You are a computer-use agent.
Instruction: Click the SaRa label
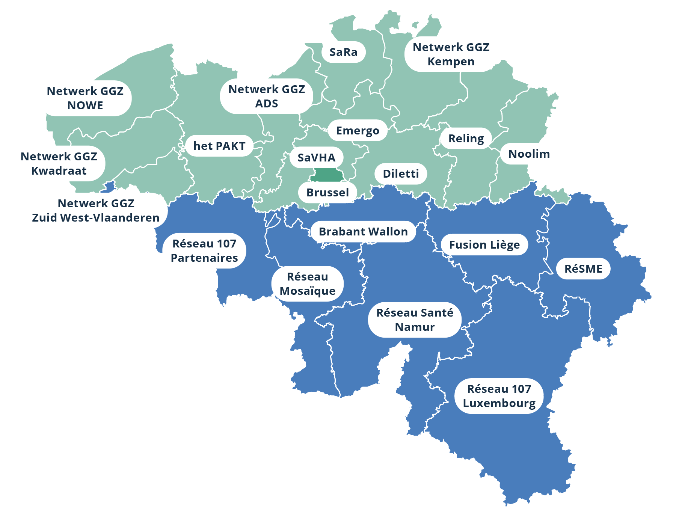(x=343, y=52)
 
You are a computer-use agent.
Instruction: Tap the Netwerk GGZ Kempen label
(x=451, y=54)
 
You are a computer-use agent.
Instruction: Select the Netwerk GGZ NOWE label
(x=85, y=98)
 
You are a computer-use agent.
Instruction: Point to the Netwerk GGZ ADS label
(x=267, y=97)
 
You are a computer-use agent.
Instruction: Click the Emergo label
(x=358, y=131)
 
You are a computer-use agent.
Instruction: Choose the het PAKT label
(x=219, y=146)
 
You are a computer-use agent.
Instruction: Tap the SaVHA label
(x=317, y=158)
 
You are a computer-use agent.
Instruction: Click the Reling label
(x=466, y=139)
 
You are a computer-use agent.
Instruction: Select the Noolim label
(x=529, y=154)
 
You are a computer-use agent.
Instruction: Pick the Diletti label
(x=401, y=174)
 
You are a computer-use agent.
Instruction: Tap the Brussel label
(x=327, y=193)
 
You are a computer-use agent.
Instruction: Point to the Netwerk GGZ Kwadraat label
(x=59, y=164)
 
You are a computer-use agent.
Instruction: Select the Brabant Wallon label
(x=363, y=232)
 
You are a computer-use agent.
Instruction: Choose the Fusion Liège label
(x=484, y=245)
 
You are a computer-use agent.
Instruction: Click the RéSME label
(x=583, y=269)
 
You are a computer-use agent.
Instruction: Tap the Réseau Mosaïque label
(x=308, y=284)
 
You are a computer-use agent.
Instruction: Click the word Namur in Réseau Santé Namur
(x=415, y=327)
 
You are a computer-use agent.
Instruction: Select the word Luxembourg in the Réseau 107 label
(x=499, y=403)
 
